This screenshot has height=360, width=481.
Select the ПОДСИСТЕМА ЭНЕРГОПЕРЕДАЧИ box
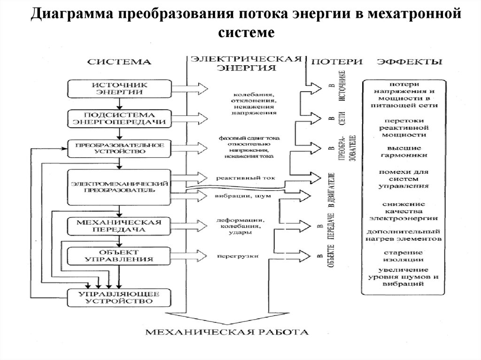click(x=119, y=118)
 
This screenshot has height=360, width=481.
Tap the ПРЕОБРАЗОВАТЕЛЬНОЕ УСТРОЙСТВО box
click(x=119, y=148)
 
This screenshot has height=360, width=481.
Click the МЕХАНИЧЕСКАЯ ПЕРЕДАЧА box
click(x=119, y=226)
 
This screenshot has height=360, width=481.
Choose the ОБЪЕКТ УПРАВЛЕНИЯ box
click(x=119, y=255)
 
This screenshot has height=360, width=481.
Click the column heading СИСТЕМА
click(x=120, y=62)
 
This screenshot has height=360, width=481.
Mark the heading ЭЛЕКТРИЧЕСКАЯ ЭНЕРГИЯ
click(x=246, y=63)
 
